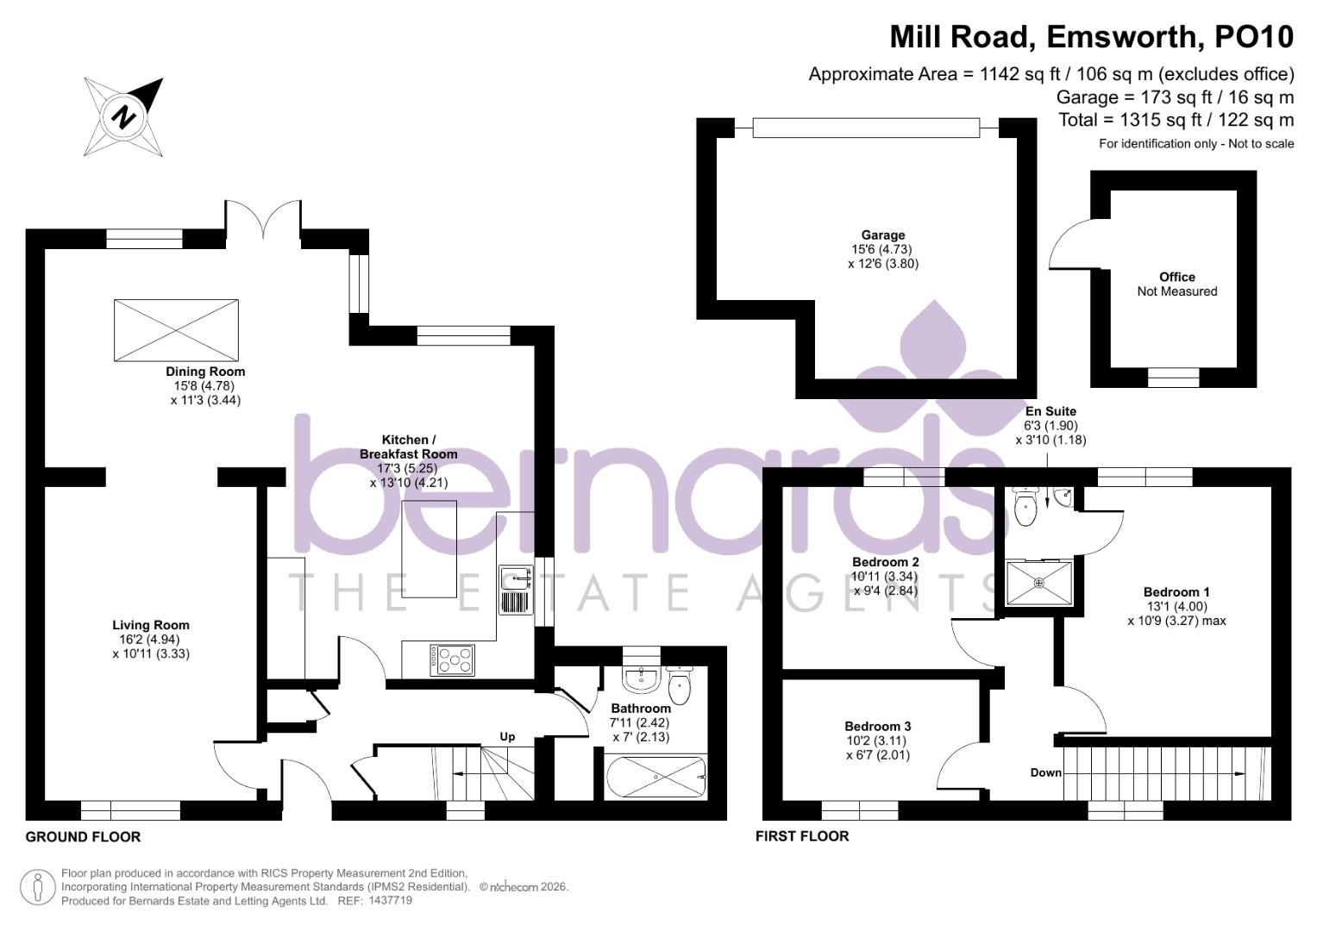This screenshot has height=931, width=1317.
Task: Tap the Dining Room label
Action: coord(205,372)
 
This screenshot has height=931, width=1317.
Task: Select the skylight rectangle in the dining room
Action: coord(176,330)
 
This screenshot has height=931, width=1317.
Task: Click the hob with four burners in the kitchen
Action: coord(451,659)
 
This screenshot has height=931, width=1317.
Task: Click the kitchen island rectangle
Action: coord(429,548)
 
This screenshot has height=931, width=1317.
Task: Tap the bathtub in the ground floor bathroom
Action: coord(655,778)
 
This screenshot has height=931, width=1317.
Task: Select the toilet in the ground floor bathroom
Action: coord(680,684)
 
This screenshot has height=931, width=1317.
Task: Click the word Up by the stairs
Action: coord(507,736)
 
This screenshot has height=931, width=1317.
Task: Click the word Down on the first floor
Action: coord(1045,772)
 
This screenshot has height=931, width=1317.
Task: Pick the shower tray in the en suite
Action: coord(1039,583)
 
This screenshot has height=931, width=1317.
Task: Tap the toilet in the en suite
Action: coord(1025,507)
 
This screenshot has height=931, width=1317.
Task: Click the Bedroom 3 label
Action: coord(877,727)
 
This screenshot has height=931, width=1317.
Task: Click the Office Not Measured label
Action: coord(1176,284)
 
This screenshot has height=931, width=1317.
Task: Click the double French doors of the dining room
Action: coord(263,217)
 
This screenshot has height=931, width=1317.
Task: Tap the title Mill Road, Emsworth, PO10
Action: coord(1091,37)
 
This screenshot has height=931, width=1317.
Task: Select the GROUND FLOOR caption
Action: coord(83,836)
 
